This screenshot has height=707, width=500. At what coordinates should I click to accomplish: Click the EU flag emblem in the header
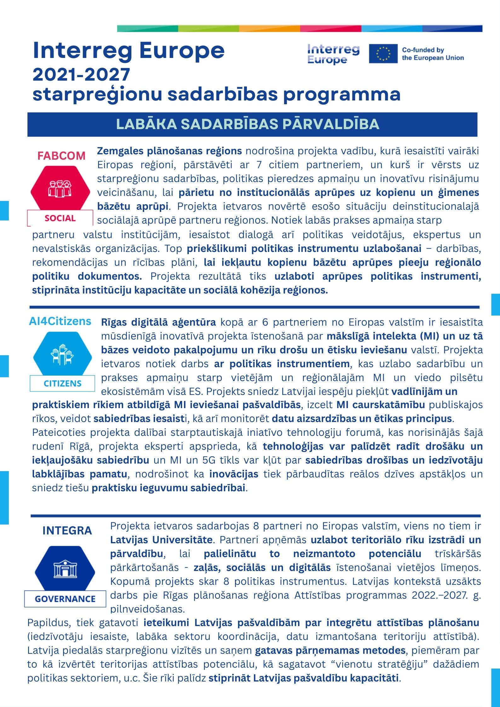(x=383, y=54)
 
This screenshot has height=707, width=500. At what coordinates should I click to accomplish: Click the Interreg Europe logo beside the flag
(x=333, y=54)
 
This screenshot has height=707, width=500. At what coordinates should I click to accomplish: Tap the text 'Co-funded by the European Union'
(x=433, y=54)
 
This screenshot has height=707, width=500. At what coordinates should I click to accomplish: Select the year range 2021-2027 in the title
(x=81, y=75)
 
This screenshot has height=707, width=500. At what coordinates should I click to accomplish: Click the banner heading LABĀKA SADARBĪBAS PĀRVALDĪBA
(x=248, y=124)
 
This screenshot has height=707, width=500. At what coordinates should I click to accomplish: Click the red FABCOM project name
(x=61, y=156)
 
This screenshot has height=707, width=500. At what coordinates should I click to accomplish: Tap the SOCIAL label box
(x=60, y=218)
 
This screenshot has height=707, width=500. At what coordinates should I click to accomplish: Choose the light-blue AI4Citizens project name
(x=60, y=321)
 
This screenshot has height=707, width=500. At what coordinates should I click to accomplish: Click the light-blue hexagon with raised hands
(x=62, y=355)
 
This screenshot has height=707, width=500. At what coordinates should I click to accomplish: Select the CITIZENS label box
(x=62, y=383)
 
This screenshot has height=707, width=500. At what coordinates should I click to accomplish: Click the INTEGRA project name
(x=67, y=531)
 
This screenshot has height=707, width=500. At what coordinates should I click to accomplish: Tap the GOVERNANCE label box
(x=65, y=599)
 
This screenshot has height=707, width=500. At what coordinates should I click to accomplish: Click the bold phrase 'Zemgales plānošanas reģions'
(x=169, y=151)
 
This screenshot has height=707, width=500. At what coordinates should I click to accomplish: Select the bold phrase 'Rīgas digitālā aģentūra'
(x=158, y=322)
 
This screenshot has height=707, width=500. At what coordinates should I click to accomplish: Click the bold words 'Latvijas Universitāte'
(x=161, y=540)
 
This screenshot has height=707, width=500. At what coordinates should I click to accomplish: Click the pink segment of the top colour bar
(x=330, y=29)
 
